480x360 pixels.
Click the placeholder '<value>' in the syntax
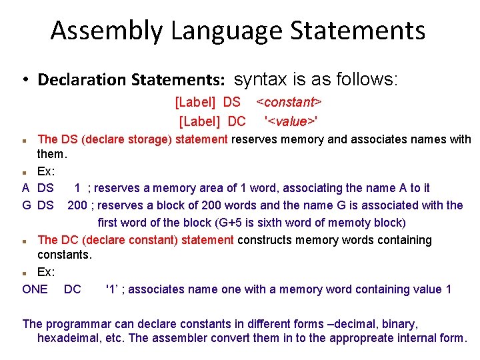tap(291, 121)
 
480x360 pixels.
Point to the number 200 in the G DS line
tap(77, 205)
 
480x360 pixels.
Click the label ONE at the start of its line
tap(35, 289)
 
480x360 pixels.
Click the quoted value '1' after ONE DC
tap(113, 289)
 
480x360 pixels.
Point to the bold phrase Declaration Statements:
tap(131, 80)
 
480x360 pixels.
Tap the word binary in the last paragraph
tap(398, 324)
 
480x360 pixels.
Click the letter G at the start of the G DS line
tap(27, 205)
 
